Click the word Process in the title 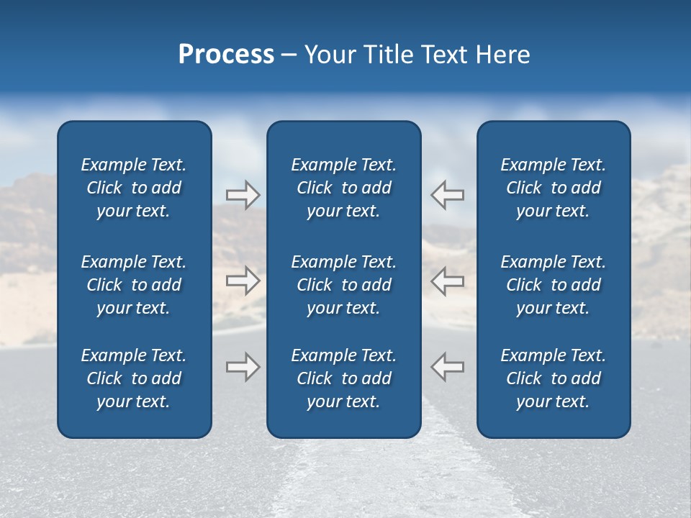(x=226, y=55)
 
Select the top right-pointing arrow (x=243, y=195)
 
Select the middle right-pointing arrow (x=243, y=281)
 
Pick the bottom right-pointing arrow (x=243, y=366)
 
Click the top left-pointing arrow (x=448, y=195)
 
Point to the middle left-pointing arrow (x=448, y=281)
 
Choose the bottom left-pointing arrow (x=448, y=366)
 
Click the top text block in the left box (x=134, y=188)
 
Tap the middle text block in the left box (x=134, y=285)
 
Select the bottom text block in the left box (x=134, y=378)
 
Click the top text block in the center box (x=343, y=188)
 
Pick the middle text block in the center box (x=343, y=285)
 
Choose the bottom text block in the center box (x=343, y=378)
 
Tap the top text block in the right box (x=553, y=188)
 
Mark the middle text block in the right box (x=553, y=285)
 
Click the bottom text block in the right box (x=553, y=378)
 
